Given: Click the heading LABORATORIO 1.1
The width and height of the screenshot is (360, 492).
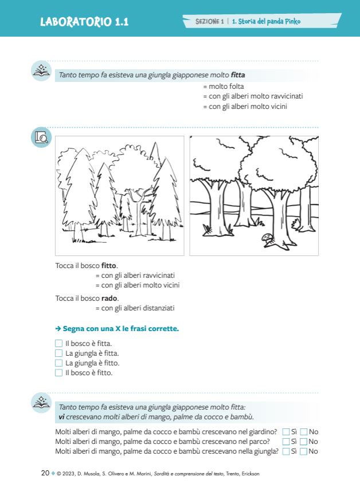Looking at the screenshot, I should tap(84, 22).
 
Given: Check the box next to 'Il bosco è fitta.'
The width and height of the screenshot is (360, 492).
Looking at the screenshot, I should tap(58, 344).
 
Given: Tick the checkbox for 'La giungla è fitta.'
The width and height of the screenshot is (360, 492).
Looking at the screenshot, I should tap(58, 353).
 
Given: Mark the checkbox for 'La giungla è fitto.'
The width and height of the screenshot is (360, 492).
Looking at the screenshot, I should tap(58, 363).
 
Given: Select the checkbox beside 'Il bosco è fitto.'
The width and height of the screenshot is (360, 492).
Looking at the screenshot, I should tap(58, 373).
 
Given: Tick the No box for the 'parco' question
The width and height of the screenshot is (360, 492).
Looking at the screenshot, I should tap(304, 442).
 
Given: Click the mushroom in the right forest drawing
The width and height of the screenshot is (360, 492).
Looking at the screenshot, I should tap(267, 237).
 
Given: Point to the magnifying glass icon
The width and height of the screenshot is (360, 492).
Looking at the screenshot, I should tap(41, 137).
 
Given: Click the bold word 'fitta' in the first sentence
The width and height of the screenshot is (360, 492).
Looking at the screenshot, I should tap(237, 75).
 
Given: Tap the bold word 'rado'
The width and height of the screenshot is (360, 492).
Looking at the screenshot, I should tap(109, 298).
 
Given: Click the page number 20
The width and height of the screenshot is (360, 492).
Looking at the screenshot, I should tap(45, 473).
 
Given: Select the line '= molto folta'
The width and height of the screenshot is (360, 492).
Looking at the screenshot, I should tap(223, 86).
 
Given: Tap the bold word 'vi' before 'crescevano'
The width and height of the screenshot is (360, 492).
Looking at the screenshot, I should tap(61, 416).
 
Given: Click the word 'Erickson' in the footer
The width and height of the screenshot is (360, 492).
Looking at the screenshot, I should tap(248, 474).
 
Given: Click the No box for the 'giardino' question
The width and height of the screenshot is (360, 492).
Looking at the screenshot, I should tap(304, 432).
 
